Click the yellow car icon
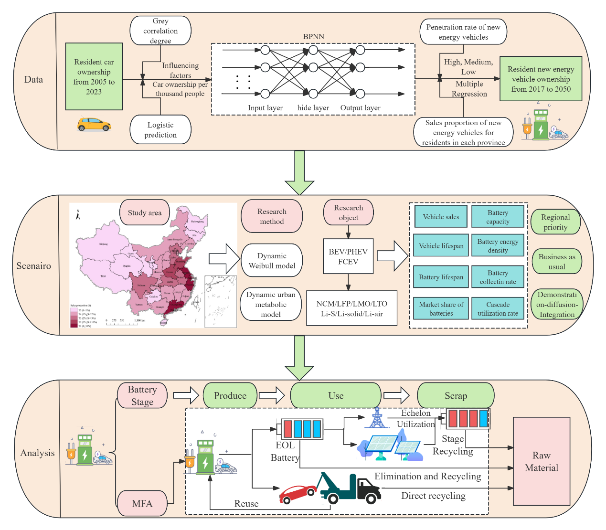[x=94, y=124]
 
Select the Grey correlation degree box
[x=160, y=31]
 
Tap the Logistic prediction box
[x=160, y=129]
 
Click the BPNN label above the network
[x=313, y=37]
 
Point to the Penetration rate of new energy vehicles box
[x=463, y=32]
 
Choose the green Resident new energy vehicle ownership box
[x=541, y=79]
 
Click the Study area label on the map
[x=145, y=213]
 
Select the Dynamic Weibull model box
[x=272, y=261]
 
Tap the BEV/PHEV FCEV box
[x=348, y=256]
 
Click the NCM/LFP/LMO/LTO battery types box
[x=352, y=308]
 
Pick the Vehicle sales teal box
[x=441, y=217]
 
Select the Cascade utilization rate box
[x=498, y=308]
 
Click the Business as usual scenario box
[x=556, y=262]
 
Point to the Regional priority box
[x=555, y=222]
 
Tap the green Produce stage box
[x=230, y=395]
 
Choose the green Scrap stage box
[x=456, y=395]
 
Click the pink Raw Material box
[x=542, y=461]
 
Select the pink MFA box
[x=142, y=503]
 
